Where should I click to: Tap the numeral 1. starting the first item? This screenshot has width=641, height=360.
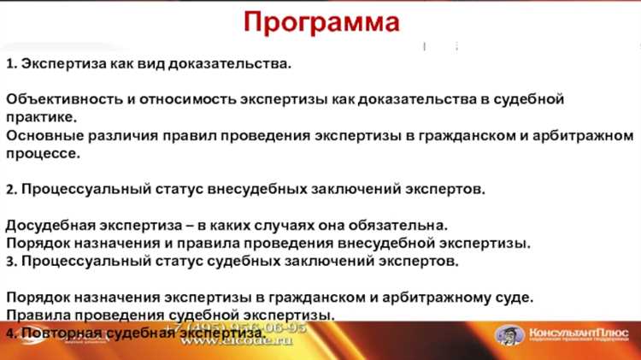11,64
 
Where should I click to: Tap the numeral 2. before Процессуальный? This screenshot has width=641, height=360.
11,189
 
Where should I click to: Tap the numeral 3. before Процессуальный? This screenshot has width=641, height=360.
11,261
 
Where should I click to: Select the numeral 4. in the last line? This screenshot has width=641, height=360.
11,333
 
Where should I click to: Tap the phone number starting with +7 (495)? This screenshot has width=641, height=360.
235,327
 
